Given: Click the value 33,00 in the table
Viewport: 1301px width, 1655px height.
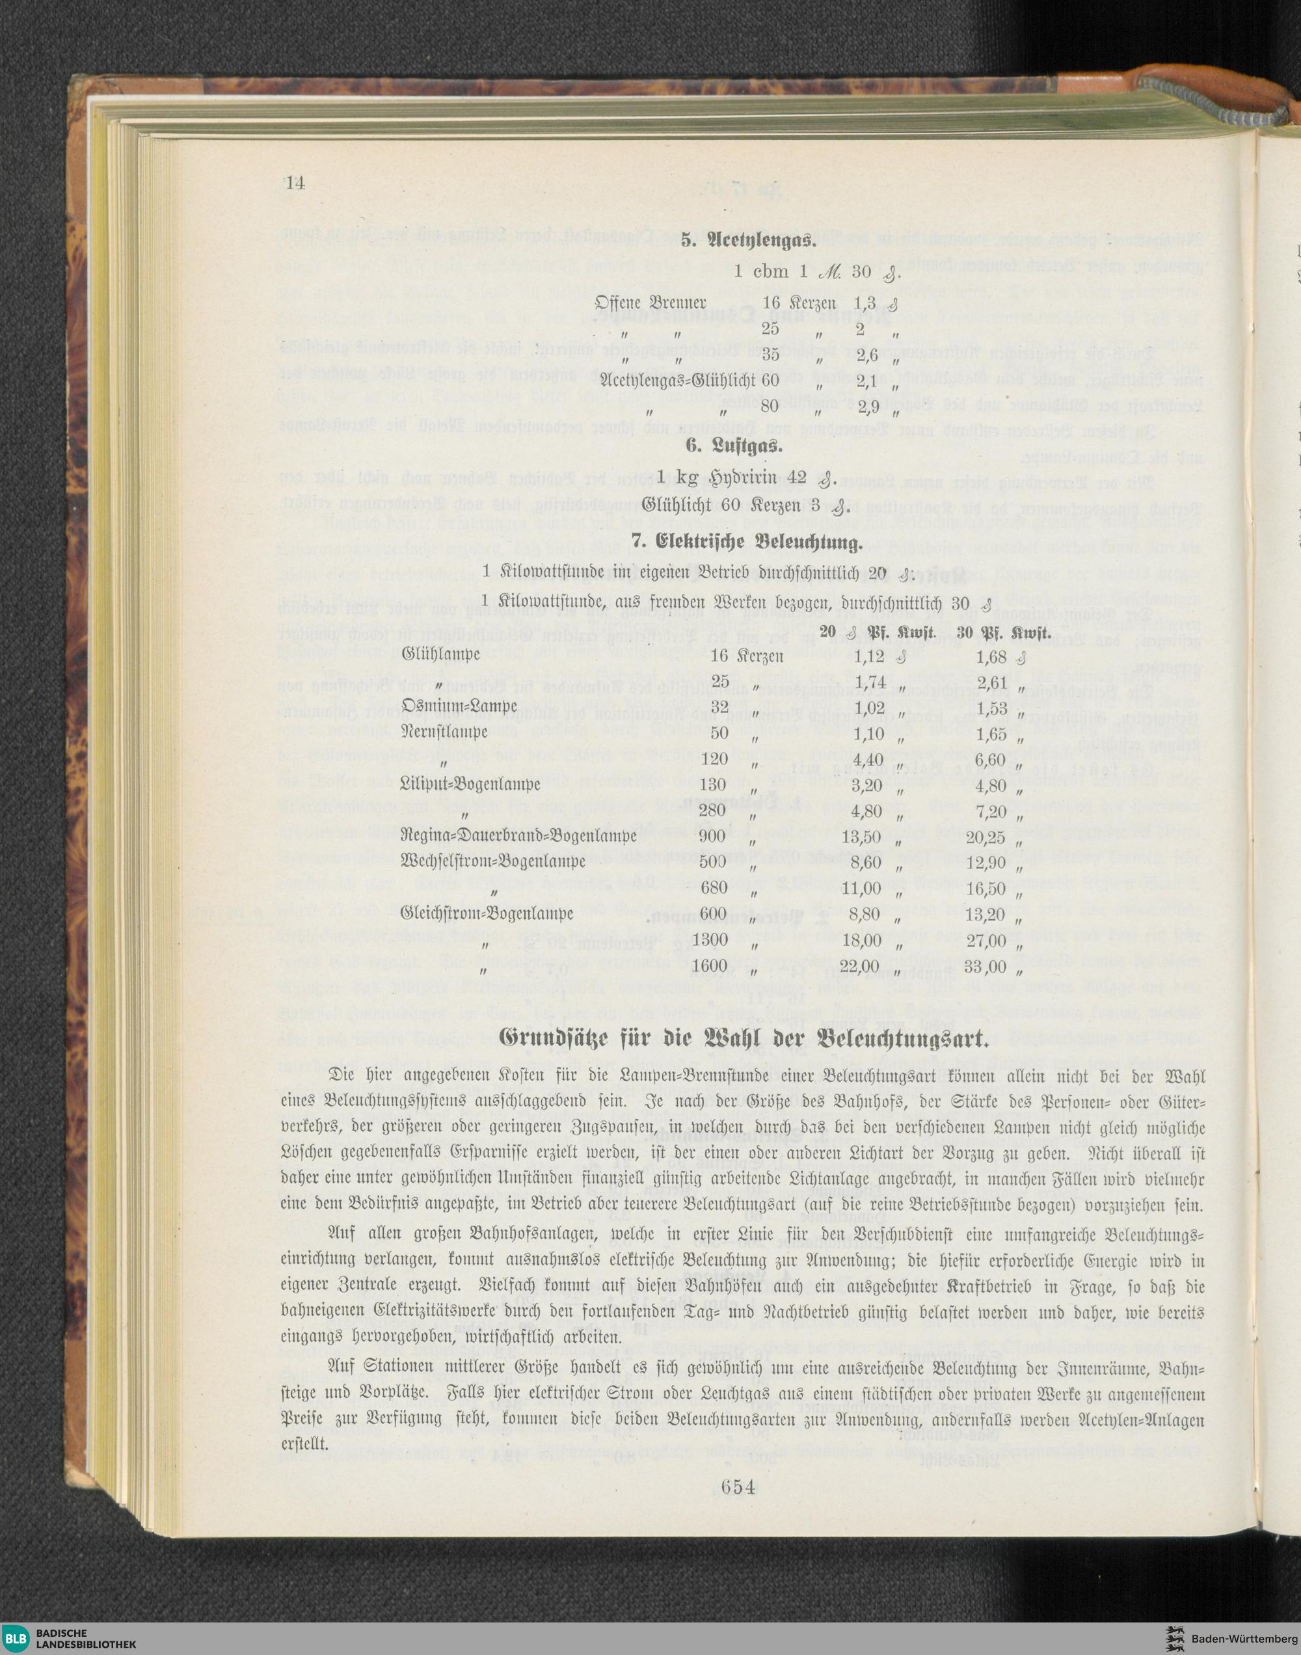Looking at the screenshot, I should (986, 967).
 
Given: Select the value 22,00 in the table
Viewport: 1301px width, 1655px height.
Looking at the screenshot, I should (861, 967).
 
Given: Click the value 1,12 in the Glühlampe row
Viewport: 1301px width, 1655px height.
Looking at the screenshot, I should (869, 655).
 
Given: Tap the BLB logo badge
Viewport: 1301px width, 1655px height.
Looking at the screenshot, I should (17, 1636).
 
